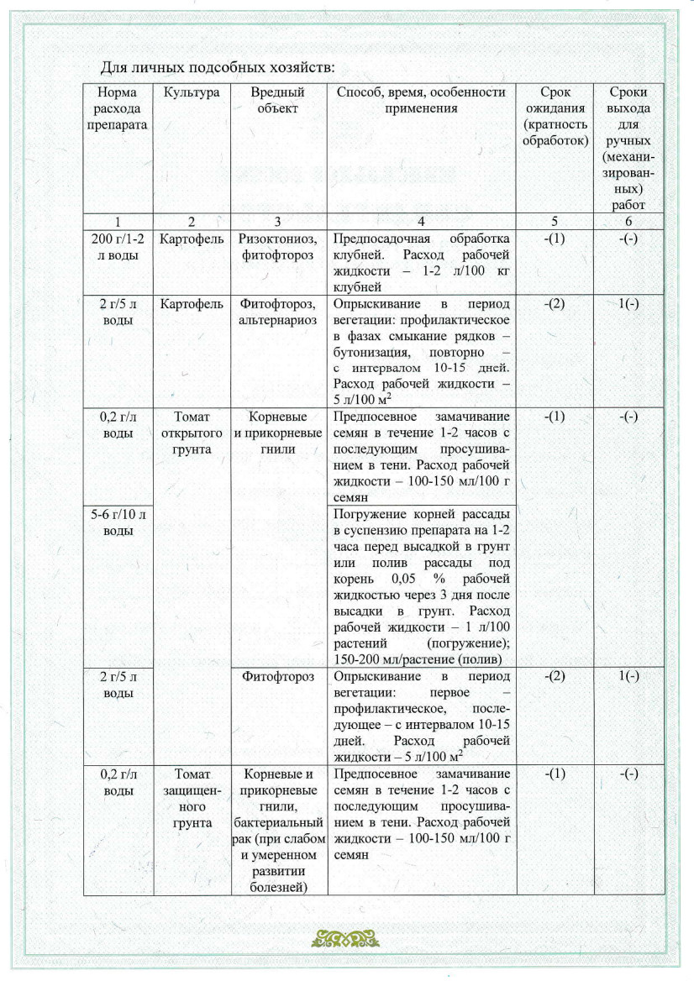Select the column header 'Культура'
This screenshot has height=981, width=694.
192,92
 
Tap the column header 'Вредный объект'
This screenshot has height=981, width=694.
278,100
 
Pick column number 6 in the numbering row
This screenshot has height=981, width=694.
628,222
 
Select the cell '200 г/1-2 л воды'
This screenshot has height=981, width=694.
118,247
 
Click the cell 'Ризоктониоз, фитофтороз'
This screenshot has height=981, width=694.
278,247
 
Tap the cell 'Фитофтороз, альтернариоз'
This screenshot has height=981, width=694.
278,311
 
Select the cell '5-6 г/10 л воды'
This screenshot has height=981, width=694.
118,522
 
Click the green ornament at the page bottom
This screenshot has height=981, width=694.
347,937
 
